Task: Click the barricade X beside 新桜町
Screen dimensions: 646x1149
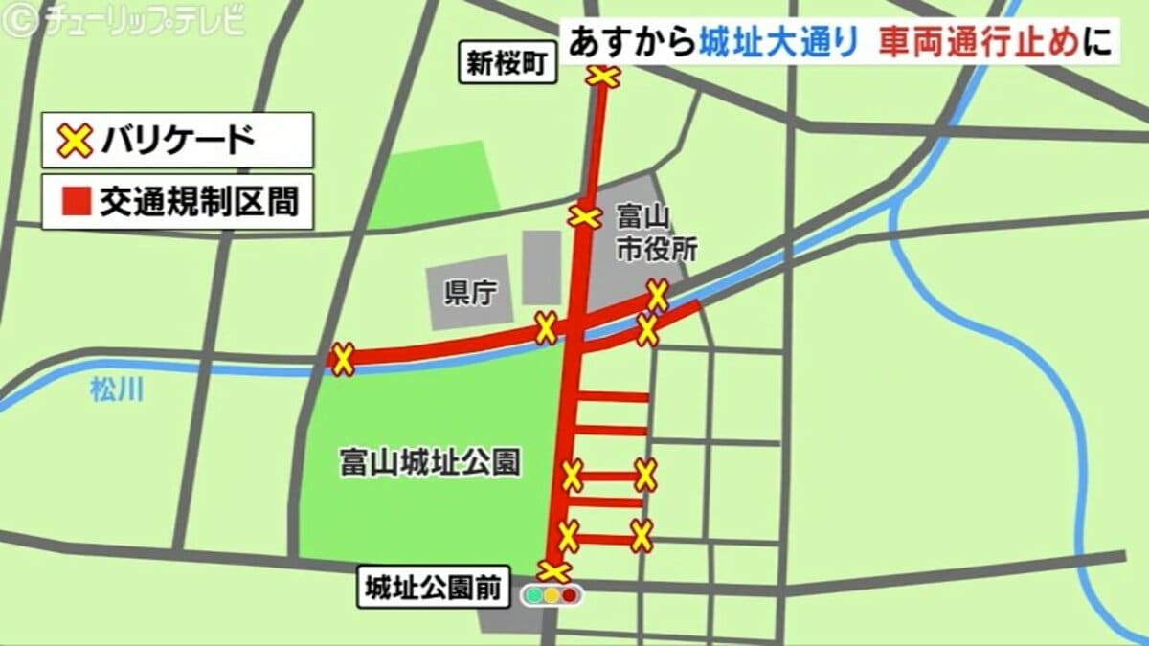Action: point(604,77)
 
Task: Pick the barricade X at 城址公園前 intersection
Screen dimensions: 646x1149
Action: point(554,571)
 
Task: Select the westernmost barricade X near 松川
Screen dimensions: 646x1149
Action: point(343,360)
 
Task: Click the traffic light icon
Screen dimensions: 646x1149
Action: point(552,595)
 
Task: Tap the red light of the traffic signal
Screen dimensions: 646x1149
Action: point(571,595)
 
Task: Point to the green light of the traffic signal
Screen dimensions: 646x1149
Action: point(532,595)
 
